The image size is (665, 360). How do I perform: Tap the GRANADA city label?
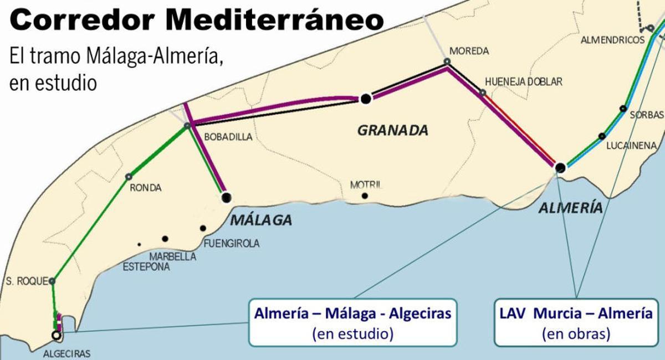(392, 131)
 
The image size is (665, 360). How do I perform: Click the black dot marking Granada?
(365, 99)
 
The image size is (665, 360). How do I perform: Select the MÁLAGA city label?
(260, 220)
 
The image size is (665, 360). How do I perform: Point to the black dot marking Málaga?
(226, 197)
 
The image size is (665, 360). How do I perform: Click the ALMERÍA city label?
(570, 208)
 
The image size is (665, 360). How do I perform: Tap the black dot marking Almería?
(560, 167)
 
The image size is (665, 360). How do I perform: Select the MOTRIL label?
(366, 185)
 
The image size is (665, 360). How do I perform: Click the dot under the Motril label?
(365, 196)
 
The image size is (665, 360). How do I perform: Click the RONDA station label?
(145, 188)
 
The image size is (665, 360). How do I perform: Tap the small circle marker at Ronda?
(129, 177)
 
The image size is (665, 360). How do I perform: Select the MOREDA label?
(469, 51)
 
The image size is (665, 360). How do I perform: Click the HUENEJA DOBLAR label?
(523, 82)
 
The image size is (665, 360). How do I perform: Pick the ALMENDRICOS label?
(612, 40)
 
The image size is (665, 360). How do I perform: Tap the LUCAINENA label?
(631, 146)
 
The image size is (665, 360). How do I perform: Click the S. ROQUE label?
(25, 281)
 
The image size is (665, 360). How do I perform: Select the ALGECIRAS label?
(66, 353)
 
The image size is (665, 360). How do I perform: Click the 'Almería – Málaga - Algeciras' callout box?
(352, 322)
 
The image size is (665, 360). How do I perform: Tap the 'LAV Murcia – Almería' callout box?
(576, 322)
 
